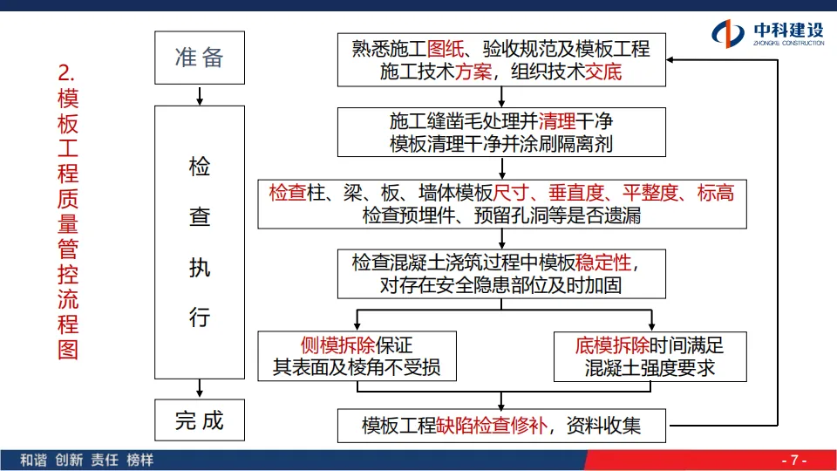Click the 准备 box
[x=200, y=58]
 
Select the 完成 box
[x=200, y=421]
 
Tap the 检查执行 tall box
[x=200, y=242]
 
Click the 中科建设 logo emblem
[x=729, y=34]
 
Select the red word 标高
[x=716, y=193]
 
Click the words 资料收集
[x=603, y=426]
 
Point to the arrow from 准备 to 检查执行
[x=200, y=94]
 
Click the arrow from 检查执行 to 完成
[x=200, y=388]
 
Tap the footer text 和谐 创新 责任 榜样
[x=86, y=460]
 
